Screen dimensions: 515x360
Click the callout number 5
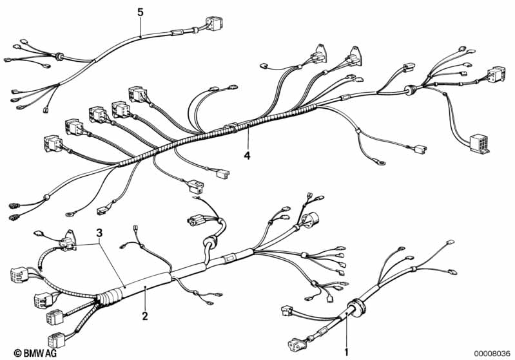(x=141, y=12)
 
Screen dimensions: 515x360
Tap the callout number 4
(x=247, y=155)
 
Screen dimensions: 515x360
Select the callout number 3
(x=99, y=233)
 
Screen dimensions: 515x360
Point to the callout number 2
(x=145, y=316)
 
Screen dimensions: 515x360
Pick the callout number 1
(x=346, y=352)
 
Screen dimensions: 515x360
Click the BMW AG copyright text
(x=35, y=353)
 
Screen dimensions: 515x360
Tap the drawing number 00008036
(x=492, y=354)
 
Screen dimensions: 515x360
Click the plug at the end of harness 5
(x=214, y=23)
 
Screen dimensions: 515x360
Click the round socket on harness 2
(x=310, y=219)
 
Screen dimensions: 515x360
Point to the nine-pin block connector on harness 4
(x=479, y=144)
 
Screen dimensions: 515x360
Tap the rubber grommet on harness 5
(x=59, y=56)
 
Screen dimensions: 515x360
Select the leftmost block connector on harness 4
(x=53, y=144)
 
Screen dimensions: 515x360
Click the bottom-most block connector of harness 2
(x=57, y=340)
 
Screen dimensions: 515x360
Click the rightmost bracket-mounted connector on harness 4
(x=355, y=57)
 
